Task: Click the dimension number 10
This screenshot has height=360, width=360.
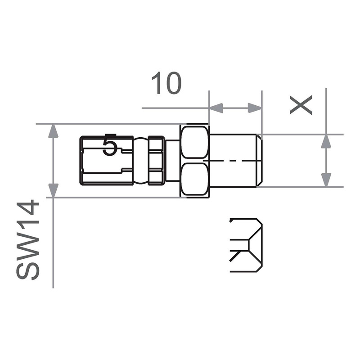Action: click(x=166, y=83)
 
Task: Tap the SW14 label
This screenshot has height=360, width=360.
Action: click(x=28, y=239)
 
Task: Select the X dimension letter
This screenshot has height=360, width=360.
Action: click(x=301, y=105)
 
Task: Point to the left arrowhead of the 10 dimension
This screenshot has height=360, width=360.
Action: click(x=216, y=108)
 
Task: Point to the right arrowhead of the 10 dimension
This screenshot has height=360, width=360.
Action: click(x=255, y=108)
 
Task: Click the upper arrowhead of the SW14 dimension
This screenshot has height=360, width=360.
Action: click(x=53, y=131)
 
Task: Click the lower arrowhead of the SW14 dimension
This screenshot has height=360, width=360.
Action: click(x=53, y=190)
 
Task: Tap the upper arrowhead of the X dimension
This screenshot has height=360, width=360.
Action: click(x=326, y=141)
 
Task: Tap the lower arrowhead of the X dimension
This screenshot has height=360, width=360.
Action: click(x=326, y=180)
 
